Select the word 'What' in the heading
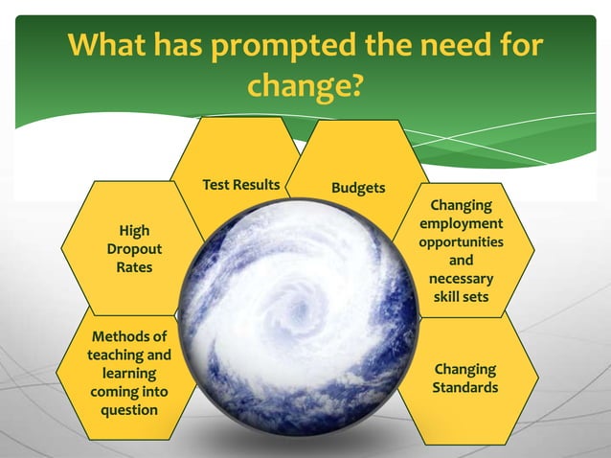108,45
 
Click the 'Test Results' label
241,184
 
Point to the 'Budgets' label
358,188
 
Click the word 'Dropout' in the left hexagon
134,249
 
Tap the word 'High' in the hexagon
134,231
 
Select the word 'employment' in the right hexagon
461,223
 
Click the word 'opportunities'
461,241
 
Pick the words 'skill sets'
461,297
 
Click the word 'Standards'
464,388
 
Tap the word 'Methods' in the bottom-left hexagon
129,337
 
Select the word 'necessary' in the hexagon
461,279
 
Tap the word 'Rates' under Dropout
134,267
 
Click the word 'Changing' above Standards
464,370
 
